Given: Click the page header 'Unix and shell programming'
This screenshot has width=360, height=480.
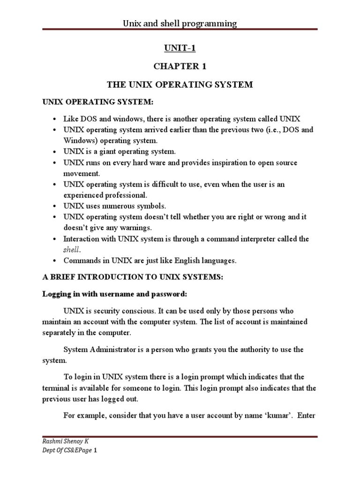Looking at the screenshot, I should [x=180, y=23].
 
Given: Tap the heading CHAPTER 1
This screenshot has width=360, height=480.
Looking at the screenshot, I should [x=180, y=66].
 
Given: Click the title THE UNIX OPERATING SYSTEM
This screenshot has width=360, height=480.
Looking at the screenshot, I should [x=180, y=85].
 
